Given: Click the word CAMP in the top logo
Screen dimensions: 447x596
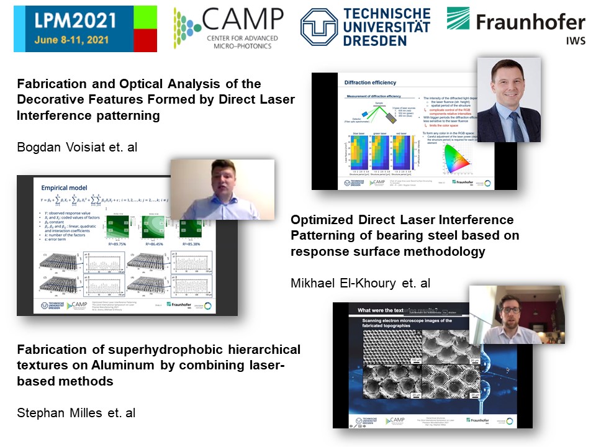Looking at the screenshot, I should point(244,20).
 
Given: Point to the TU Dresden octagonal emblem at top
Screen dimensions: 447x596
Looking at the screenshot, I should point(319,27).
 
